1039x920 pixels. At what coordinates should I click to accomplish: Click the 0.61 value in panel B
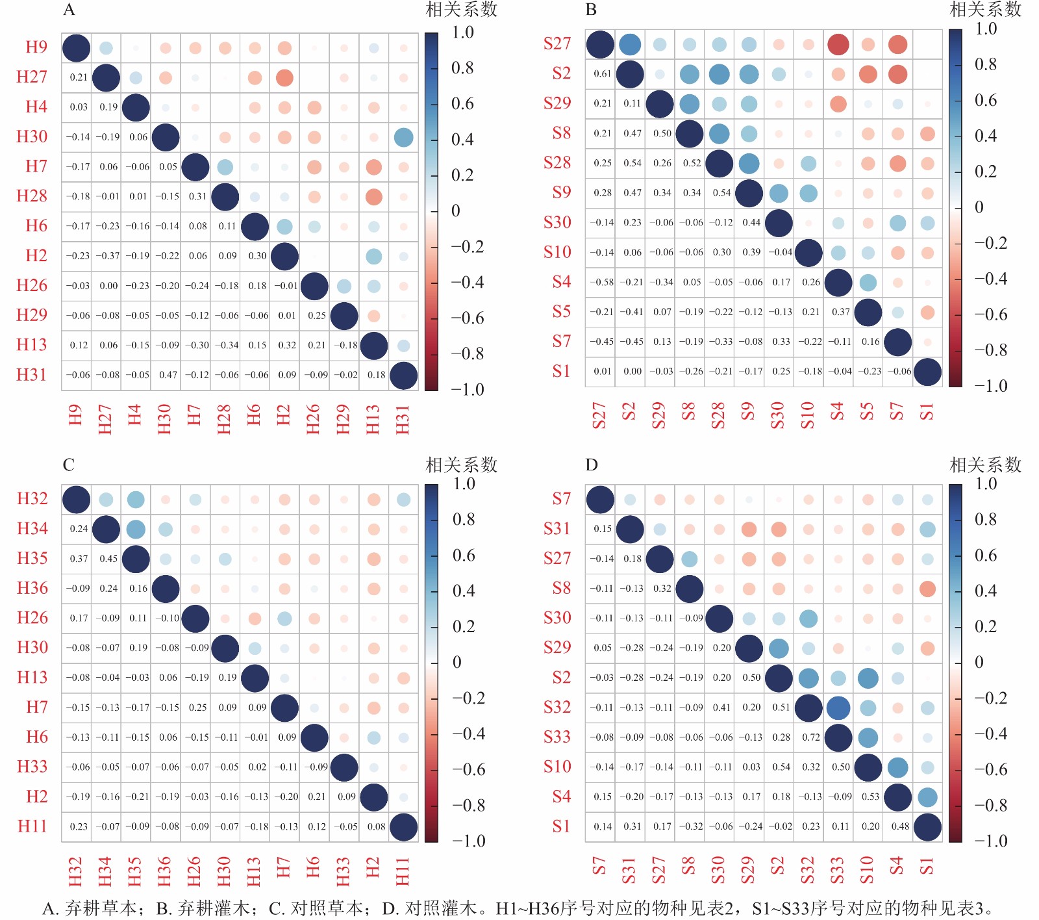(x=602, y=74)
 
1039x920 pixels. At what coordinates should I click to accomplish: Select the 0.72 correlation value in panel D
(x=810, y=737)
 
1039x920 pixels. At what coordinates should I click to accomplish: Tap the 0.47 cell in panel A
(x=168, y=375)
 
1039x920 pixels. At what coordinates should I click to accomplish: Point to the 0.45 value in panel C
(x=108, y=559)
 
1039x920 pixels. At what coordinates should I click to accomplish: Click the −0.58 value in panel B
(x=602, y=282)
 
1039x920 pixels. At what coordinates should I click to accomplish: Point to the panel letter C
(x=69, y=465)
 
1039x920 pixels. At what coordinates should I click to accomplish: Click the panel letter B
(x=591, y=10)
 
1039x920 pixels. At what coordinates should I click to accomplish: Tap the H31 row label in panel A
(x=32, y=375)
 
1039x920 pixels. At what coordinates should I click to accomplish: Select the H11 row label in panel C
(x=32, y=826)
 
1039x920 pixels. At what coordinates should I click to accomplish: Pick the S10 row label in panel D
(x=557, y=767)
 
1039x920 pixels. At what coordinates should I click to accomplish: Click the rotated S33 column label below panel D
(x=838, y=871)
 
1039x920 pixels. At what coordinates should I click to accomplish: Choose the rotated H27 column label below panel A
(x=105, y=419)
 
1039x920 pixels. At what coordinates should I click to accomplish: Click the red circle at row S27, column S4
(x=838, y=45)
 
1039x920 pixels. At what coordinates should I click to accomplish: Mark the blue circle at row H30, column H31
(x=403, y=138)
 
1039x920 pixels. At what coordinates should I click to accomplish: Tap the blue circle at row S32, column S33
(x=838, y=708)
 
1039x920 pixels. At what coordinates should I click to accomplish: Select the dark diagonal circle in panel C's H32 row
(x=76, y=500)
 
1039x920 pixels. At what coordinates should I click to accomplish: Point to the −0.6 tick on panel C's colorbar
(x=468, y=770)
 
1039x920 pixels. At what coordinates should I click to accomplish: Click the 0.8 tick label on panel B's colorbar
(x=986, y=64)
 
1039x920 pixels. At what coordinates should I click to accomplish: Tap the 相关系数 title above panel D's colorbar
(x=985, y=465)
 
